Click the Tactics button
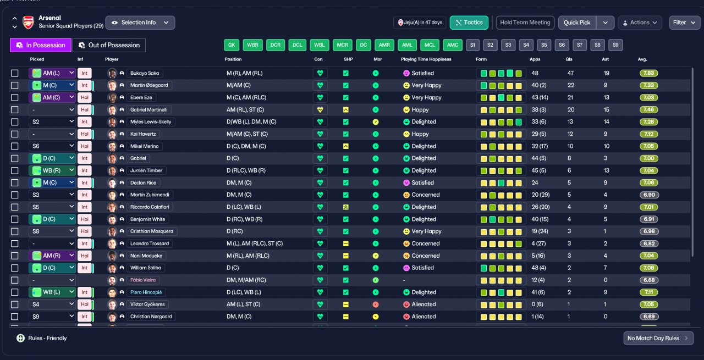[x=469, y=23]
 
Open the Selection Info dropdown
[x=140, y=23]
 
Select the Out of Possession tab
[x=109, y=45]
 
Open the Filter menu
[x=684, y=23]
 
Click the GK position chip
[x=232, y=45]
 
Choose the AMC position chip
[x=453, y=45]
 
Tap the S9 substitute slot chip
[x=615, y=45]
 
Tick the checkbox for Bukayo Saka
[x=15, y=73]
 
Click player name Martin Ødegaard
[x=149, y=85]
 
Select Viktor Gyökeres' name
[x=147, y=304]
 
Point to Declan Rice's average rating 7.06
[x=648, y=182]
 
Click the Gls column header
[x=569, y=59]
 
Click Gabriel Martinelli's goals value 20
[x=571, y=109]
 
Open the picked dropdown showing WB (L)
[x=52, y=292]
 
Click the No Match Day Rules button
[x=658, y=338]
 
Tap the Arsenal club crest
[x=28, y=23]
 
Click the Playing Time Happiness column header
[x=426, y=59]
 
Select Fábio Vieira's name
[x=143, y=280]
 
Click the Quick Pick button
[x=577, y=23]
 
